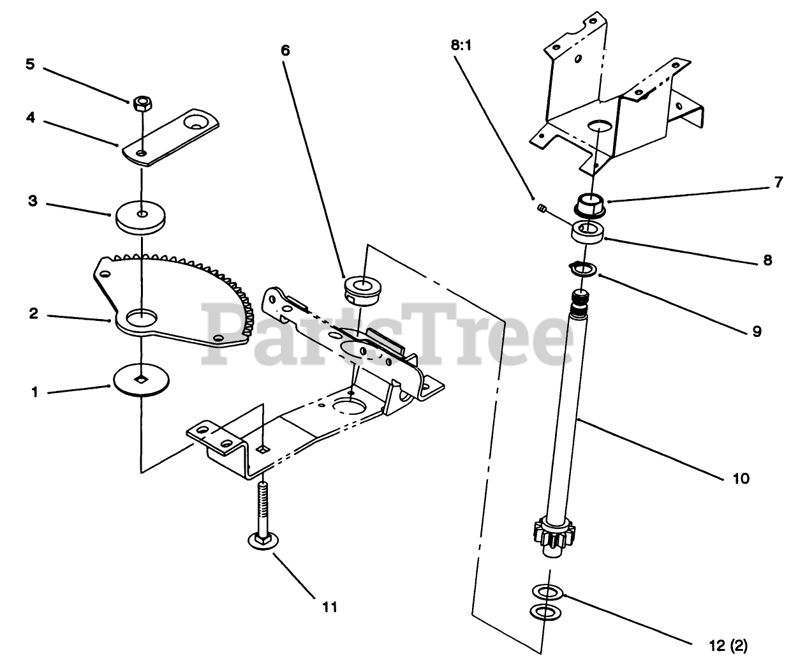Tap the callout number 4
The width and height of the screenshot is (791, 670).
(30, 117)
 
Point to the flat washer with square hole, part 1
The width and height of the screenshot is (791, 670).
(142, 381)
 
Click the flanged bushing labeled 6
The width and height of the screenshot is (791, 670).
(361, 288)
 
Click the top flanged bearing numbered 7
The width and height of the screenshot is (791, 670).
(589, 204)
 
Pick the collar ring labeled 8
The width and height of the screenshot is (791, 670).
(587, 231)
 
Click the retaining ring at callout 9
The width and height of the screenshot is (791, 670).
(583, 269)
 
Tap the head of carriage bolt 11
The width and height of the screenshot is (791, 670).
(261, 542)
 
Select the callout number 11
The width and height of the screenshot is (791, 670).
(329, 607)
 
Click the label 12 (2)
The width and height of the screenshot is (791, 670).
(728, 646)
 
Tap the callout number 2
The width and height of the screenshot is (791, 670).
(34, 314)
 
